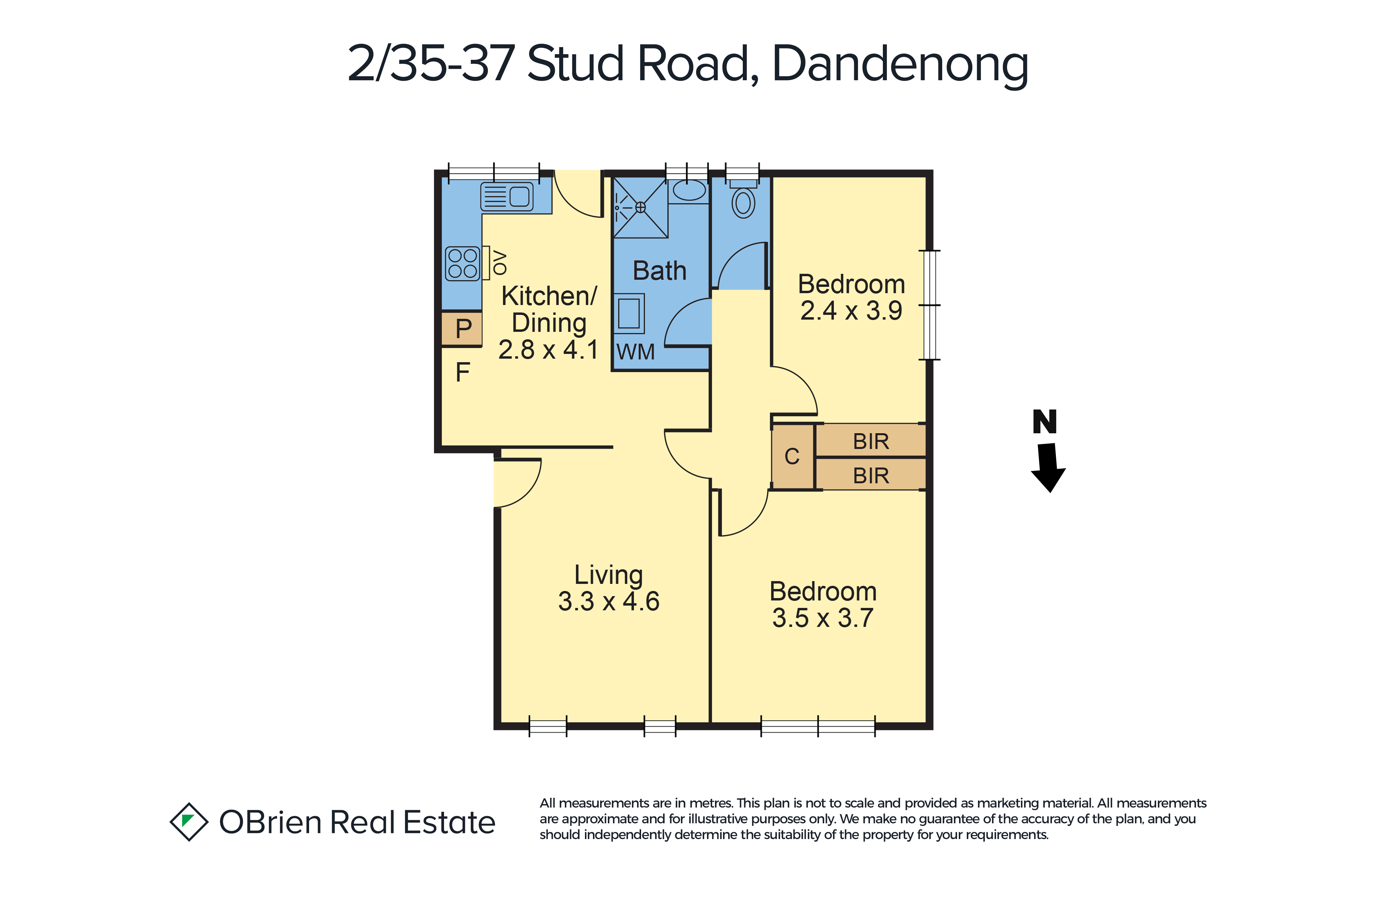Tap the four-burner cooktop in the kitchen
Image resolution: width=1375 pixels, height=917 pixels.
click(x=462, y=264)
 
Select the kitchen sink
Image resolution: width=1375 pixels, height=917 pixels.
click(x=507, y=197)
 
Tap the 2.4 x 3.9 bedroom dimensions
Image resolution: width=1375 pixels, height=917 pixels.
click(x=851, y=311)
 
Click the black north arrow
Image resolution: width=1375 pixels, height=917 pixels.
click(x=1048, y=467)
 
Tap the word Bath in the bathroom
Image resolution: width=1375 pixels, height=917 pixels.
click(x=659, y=271)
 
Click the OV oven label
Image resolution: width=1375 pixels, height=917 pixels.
click(x=500, y=262)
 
